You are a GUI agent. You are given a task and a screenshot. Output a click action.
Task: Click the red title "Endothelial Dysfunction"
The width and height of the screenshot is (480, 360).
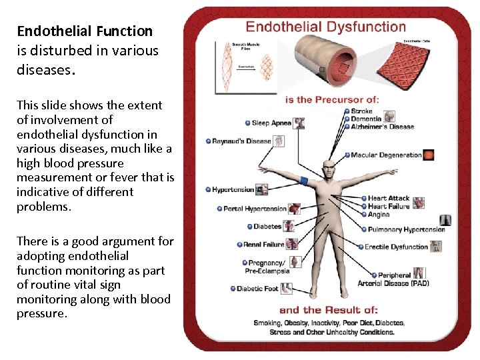tap(325, 27)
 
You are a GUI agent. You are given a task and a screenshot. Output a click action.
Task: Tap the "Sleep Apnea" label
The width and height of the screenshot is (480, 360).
tap(272, 123)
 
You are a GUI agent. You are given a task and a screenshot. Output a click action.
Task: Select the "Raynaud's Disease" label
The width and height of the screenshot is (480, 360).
tap(241, 141)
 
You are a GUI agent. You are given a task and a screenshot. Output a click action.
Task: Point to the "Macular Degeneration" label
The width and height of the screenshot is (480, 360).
tap(386, 155)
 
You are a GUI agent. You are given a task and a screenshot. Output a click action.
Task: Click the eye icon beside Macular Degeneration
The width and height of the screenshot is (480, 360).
tap(429, 155)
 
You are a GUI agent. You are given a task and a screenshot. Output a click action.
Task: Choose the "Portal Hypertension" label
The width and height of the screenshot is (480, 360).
tap(255, 209)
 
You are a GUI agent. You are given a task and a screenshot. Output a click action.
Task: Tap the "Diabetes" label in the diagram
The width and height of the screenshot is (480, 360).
tap(267, 227)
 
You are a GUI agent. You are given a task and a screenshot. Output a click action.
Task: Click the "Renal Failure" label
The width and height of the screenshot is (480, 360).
tap(263, 245)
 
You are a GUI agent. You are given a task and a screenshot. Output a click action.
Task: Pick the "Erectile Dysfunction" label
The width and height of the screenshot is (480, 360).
tap(396, 247)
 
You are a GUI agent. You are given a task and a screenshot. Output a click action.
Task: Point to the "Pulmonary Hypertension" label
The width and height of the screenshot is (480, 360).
tap(405, 230)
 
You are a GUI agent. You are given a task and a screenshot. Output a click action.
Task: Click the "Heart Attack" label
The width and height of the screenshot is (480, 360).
tap(389, 198)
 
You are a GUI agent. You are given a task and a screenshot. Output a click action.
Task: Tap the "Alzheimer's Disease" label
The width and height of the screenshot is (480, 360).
tap(383, 127)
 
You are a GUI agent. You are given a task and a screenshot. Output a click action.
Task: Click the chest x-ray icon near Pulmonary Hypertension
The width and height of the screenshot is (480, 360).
tap(445, 221)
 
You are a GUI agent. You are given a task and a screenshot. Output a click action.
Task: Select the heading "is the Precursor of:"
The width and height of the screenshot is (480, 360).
tap(332, 100)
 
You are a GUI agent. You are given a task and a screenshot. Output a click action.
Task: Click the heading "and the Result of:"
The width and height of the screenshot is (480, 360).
tap(329, 310)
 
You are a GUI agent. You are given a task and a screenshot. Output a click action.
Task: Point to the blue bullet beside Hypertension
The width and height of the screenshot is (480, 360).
tap(208, 190)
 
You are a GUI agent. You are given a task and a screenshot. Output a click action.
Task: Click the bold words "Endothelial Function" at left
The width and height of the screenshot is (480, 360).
tap(85, 31)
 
